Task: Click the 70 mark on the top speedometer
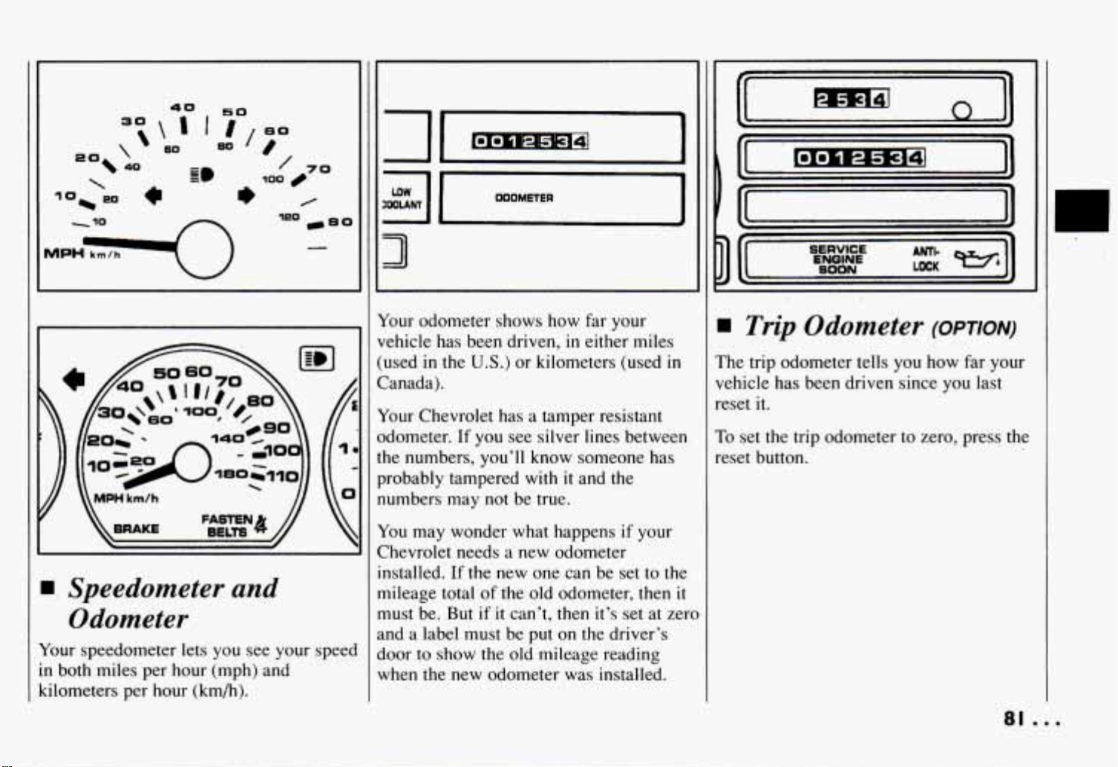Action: coord(318,169)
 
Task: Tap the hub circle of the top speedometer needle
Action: coord(204,249)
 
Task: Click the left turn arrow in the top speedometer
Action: coord(154,195)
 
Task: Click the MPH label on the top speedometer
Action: coord(64,253)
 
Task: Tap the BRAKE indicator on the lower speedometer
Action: coord(136,529)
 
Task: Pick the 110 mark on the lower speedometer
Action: coord(283,476)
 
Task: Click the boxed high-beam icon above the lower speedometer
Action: coord(316,359)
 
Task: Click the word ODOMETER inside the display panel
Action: coord(524,198)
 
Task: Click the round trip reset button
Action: coord(961,111)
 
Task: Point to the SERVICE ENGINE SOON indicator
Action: coord(837,259)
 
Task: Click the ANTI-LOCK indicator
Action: coord(926,259)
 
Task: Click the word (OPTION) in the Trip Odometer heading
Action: coord(974,329)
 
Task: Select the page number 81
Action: coord(1014,719)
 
